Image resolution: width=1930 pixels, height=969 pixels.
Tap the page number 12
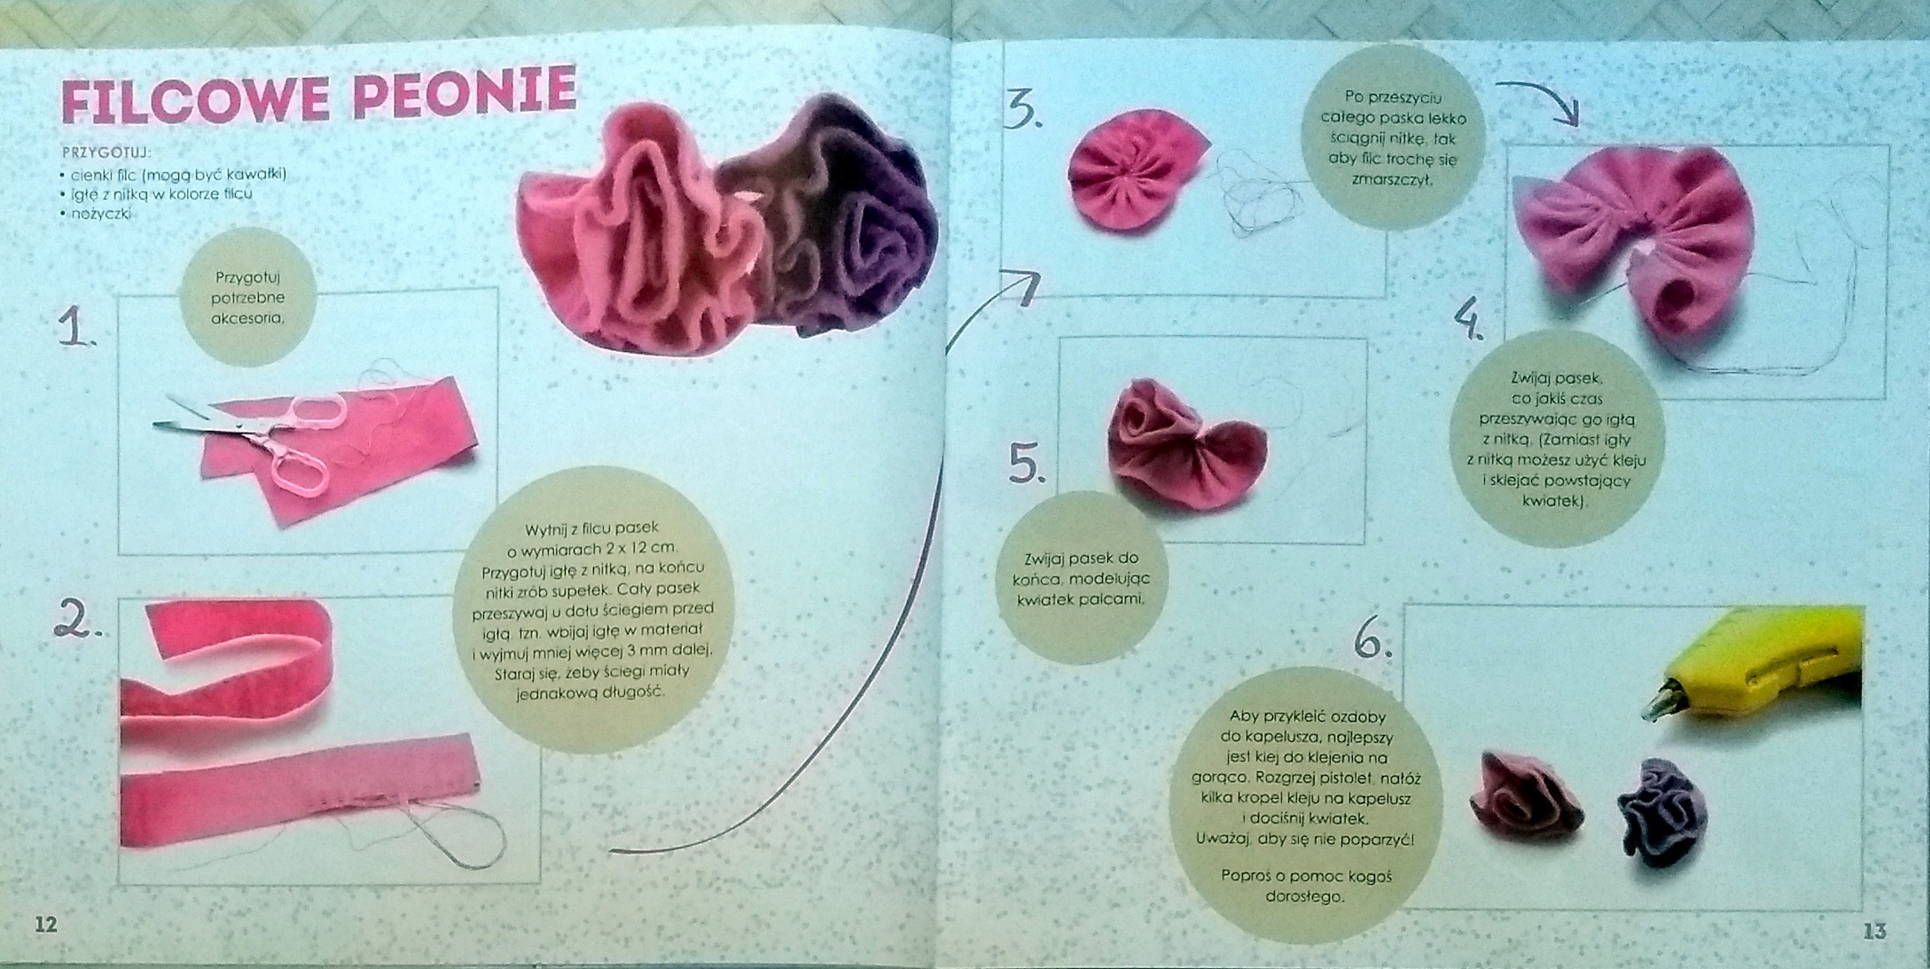[45, 925]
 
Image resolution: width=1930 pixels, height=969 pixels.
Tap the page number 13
[1874, 931]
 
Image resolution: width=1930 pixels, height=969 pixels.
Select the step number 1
[77, 328]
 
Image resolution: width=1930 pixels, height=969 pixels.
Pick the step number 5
[1028, 464]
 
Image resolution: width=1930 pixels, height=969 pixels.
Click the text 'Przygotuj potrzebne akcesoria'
[248, 297]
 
